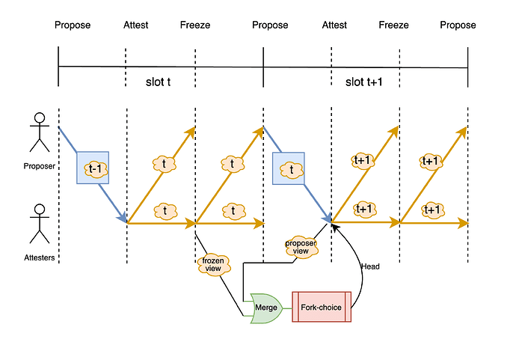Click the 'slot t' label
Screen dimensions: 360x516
pyautogui.click(x=159, y=81)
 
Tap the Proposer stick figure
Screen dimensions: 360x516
pyautogui.click(x=39, y=132)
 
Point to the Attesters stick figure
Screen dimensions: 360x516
pyautogui.click(x=39, y=222)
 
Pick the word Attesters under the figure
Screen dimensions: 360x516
pyautogui.click(x=39, y=258)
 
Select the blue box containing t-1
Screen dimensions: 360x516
pyautogui.click(x=93, y=168)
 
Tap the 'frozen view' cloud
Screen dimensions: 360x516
pyautogui.click(x=214, y=263)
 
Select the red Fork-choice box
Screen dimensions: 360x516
pyautogui.click(x=321, y=307)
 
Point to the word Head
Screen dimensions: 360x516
pyautogui.click(x=370, y=266)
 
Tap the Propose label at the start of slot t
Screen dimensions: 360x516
pyautogui.click(x=73, y=25)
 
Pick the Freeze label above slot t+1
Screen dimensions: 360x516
pyautogui.click(x=393, y=25)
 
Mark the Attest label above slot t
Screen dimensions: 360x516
pyautogui.click(x=135, y=25)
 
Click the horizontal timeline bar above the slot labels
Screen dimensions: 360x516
pyautogui.click(x=262, y=66)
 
